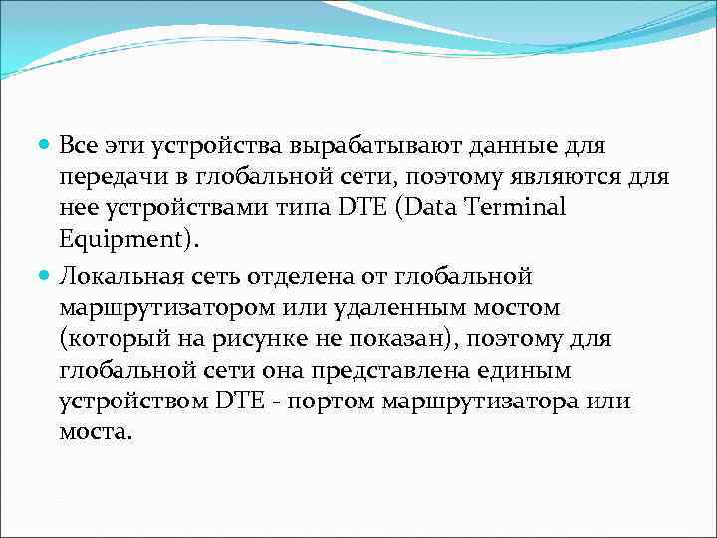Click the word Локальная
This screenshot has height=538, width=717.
(119, 274)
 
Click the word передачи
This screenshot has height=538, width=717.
(111, 178)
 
